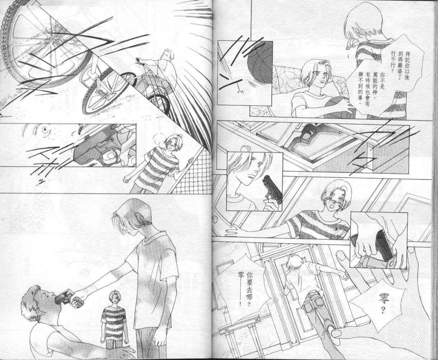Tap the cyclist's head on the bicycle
pyautogui.click(x=166, y=56)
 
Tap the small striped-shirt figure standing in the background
pyautogui.click(x=112, y=316)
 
